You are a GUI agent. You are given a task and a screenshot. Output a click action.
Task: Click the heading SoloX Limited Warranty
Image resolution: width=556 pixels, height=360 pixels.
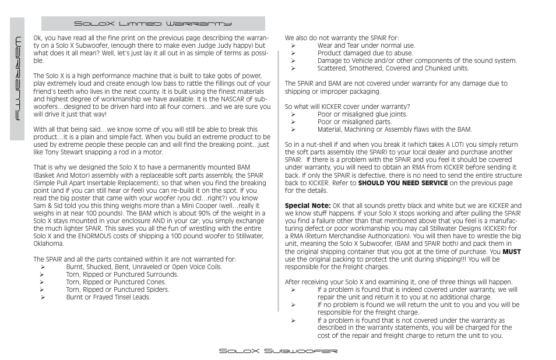click(152, 24)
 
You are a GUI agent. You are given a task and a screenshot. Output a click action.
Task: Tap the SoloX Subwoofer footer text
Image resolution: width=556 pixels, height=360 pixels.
click(278, 351)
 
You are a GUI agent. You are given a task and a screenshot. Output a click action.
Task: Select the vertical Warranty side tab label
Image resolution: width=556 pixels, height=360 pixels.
click(19, 78)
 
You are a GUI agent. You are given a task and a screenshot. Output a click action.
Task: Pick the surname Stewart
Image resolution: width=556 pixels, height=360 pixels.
click(80, 153)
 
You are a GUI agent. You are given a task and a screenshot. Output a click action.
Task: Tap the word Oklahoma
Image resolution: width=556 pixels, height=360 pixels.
click(48, 244)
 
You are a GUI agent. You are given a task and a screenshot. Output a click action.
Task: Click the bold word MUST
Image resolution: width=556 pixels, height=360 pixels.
click(512, 252)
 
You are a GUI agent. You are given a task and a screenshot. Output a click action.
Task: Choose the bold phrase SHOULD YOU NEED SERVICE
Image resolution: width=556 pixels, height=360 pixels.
click(403, 183)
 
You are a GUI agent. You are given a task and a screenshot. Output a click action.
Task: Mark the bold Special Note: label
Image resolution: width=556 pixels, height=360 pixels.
click(308, 206)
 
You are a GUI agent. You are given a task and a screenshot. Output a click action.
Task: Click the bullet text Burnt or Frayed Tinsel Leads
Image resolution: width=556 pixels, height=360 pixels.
click(108, 298)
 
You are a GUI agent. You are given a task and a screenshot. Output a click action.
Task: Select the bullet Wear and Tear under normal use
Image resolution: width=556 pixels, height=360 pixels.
click(366, 45)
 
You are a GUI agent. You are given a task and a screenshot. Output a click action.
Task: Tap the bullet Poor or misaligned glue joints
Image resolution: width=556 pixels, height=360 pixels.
click(362, 115)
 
